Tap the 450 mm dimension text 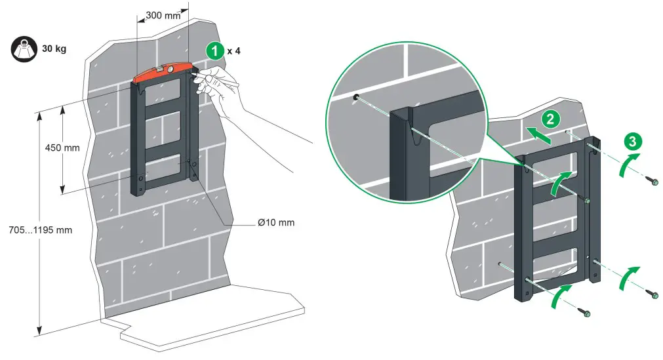63,148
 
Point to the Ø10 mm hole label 275,222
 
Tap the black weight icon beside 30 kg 22,49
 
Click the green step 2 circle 550,119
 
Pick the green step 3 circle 632,141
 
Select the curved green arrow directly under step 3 628,165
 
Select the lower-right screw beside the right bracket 654,294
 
